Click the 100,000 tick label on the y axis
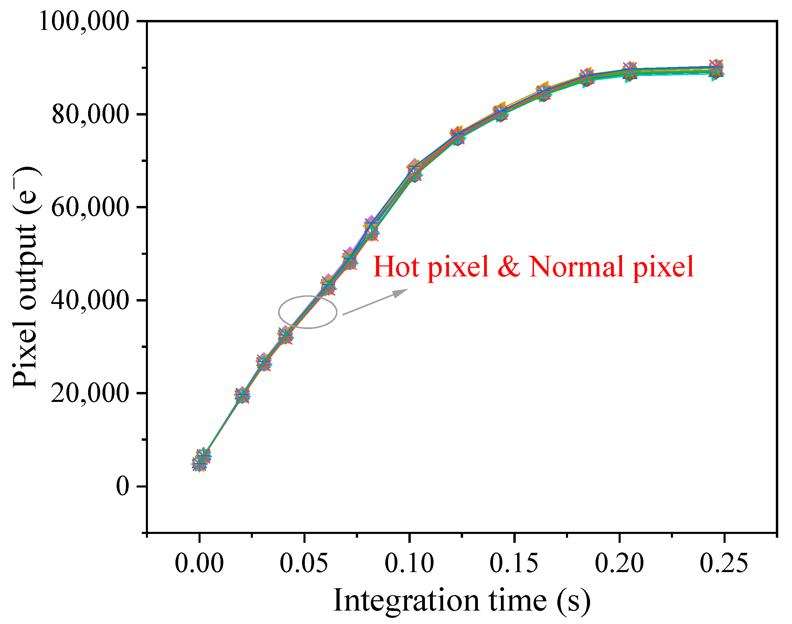click(84, 21)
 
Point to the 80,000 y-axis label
click(91, 114)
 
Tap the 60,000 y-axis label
click(90, 207)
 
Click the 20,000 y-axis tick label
click(90, 393)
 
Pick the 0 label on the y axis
click(123, 486)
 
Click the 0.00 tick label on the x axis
click(199, 563)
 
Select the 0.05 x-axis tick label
click(304, 563)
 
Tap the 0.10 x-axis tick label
click(409, 563)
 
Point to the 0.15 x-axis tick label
click(514, 563)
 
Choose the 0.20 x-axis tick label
click(619, 563)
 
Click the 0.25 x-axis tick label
click(724, 563)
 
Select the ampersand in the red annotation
click(509, 267)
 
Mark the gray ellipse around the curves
click(279, 311)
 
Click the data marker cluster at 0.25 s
click(716, 69)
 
